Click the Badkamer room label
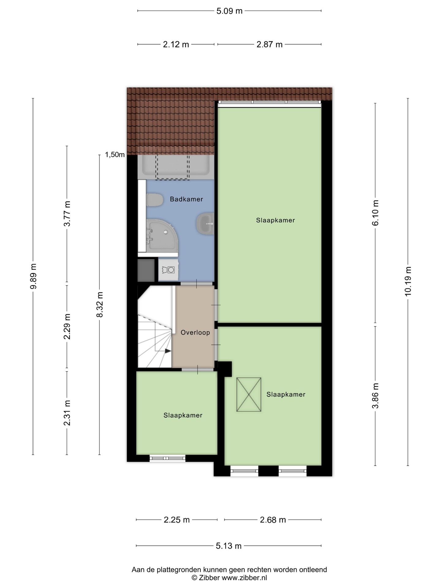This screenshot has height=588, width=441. (x=186, y=199)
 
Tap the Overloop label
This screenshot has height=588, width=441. (x=195, y=333)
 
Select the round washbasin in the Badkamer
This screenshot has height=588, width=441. (x=205, y=224)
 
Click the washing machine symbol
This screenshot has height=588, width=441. (x=169, y=270)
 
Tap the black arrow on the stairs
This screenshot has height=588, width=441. (x=168, y=351)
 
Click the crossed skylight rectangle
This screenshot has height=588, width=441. (x=249, y=394)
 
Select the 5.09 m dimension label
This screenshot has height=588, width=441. (x=229, y=11)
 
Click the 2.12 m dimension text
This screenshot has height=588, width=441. (x=176, y=45)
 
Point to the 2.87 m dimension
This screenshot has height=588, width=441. (x=269, y=45)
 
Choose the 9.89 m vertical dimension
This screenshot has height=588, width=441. (x=33, y=276)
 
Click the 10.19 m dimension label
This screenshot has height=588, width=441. (x=408, y=281)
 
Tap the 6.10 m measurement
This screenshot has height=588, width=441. (x=375, y=213)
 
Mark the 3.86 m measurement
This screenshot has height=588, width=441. (x=375, y=396)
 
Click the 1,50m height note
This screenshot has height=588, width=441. (x=115, y=155)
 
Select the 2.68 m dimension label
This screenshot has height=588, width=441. (x=273, y=520)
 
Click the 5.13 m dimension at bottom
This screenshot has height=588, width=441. (x=229, y=546)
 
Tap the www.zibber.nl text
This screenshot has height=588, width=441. (x=244, y=578)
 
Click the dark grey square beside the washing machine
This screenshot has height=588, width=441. (x=146, y=270)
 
